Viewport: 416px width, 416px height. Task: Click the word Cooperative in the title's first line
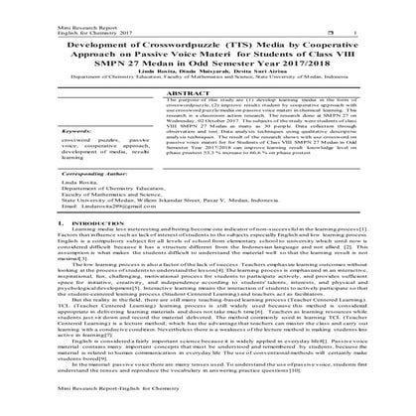click(x=326, y=47)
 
